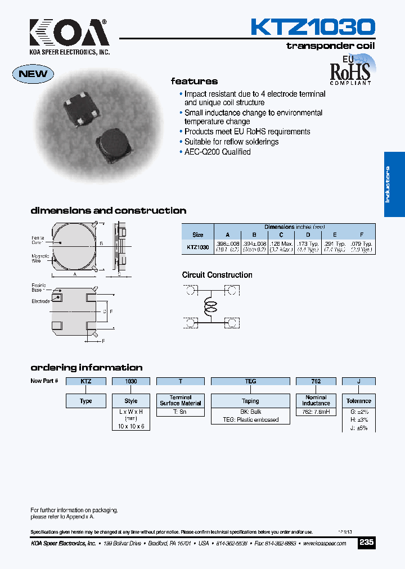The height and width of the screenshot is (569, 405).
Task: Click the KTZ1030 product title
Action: point(312,27)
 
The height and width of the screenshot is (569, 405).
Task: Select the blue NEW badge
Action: point(34,74)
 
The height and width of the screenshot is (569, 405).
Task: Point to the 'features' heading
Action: point(194,82)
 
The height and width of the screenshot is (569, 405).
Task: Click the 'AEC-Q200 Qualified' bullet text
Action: point(217,152)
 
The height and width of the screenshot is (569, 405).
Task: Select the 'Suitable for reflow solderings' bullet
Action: point(231,142)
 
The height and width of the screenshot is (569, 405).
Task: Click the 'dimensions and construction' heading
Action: point(108,211)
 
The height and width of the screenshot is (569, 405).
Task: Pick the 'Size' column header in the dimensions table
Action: point(197,235)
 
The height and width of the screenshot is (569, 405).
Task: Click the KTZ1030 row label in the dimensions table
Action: point(197,247)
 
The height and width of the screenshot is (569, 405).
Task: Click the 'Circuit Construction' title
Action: point(217,275)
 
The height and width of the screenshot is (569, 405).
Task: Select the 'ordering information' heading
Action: point(86,368)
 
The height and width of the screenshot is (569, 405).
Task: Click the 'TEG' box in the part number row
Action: point(250,381)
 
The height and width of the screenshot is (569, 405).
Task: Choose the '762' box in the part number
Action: point(316,381)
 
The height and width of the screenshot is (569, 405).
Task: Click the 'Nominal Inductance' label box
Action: point(316,400)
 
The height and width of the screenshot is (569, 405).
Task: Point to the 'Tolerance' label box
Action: point(358,401)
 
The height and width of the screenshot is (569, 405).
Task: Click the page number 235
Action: point(366,543)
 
